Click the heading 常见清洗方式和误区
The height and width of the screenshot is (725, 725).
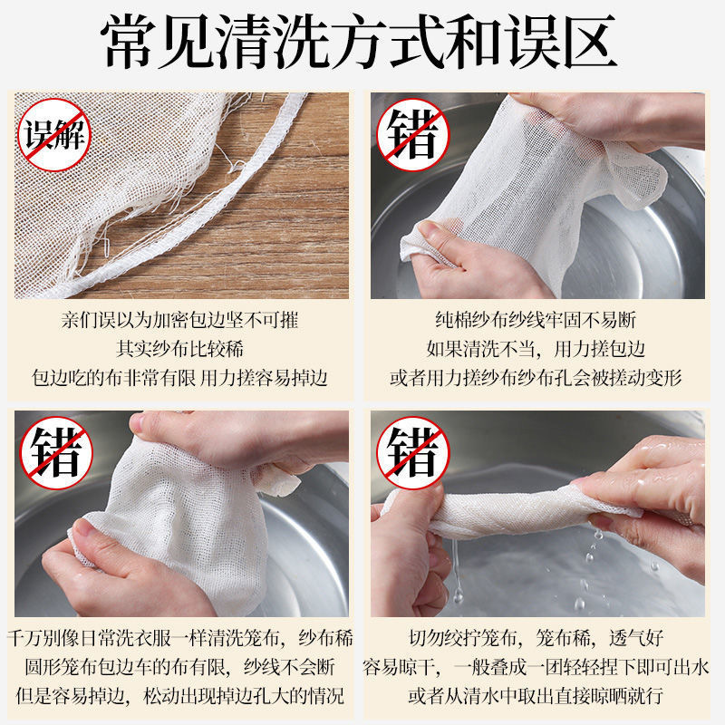coord(359,42)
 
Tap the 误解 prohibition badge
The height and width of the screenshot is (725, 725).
coord(54,134)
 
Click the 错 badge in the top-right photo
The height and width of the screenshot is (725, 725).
coord(413,134)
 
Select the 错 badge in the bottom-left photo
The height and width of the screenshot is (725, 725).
coord(56,452)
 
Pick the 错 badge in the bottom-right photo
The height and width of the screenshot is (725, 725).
coord(413,452)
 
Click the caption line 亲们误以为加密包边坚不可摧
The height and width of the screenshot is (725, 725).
coord(179,320)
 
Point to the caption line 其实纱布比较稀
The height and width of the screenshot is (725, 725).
coord(179,349)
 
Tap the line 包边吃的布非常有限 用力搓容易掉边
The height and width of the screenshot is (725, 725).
coord(179,378)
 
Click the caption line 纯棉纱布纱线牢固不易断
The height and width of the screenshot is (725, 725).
coord(536,320)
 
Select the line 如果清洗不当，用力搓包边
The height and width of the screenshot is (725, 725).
coord(536,349)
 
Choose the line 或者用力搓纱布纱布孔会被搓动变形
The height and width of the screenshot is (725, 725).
coord(536,378)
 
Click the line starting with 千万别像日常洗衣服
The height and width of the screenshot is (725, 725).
coord(180,639)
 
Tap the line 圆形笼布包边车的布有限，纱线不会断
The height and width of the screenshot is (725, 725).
coord(180,667)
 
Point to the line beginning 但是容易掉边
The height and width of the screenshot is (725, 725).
coord(180,696)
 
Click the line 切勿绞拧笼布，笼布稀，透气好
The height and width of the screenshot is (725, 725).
coord(536,639)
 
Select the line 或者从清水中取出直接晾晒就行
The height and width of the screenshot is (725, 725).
coord(536,696)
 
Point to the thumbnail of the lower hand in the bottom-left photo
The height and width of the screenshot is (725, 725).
coord(83,527)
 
